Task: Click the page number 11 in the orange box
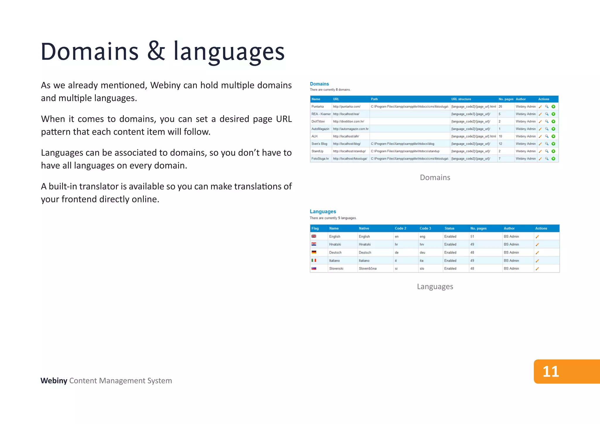pos(551,372)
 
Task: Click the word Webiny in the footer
pos(54,381)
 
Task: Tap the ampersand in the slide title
pos(156,51)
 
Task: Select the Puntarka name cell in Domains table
pos(318,107)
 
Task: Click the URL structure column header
pos(461,99)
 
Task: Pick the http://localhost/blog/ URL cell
pos(347,144)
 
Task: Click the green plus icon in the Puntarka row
pos(553,107)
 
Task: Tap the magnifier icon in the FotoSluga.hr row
pos(547,159)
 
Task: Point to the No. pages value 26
pos(500,107)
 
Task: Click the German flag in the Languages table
pos(314,252)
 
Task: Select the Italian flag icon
pos(314,260)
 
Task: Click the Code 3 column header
pos(425,228)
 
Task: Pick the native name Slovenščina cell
pos(368,269)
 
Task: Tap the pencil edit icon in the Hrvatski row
pos(537,245)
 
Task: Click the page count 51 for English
pos(472,237)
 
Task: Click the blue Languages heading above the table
pos(323,211)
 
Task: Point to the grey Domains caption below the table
pos(435,177)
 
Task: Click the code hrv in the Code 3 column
pos(422,245)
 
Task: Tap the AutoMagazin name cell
pos(320,129)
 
